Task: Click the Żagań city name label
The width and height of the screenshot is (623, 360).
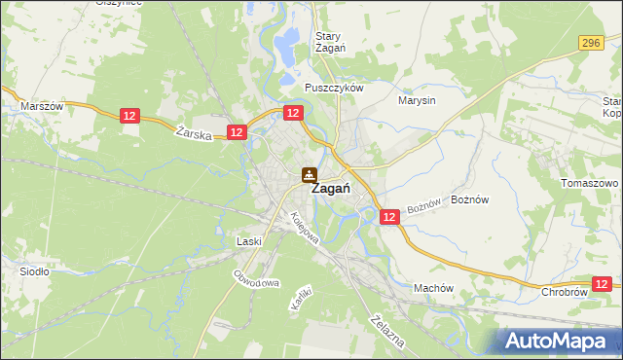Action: click(x=330, y=190)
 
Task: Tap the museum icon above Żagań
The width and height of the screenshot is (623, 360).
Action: click(x=308, y=174)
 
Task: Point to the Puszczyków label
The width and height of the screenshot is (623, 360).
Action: click(x=333, y=88)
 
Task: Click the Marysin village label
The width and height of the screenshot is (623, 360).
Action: click(x=417, y=99)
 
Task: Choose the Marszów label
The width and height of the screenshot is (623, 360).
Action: click(x=41, y=105)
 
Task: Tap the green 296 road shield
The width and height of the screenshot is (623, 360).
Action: click(x=590, y=43)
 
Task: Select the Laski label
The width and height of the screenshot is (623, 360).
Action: click(x=250, y=240)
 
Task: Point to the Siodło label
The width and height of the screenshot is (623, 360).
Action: click(x=35, y=271)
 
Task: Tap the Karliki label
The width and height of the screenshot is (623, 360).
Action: click(x=300, y=298)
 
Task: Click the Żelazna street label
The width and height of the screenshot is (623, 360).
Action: click(x=387, y=330)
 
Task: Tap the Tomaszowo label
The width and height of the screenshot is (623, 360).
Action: click(x=591, y=183)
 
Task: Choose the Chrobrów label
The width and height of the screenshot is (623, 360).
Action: click(x=564, y=292)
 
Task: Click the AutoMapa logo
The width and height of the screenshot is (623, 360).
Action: click(x=558, y=342)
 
